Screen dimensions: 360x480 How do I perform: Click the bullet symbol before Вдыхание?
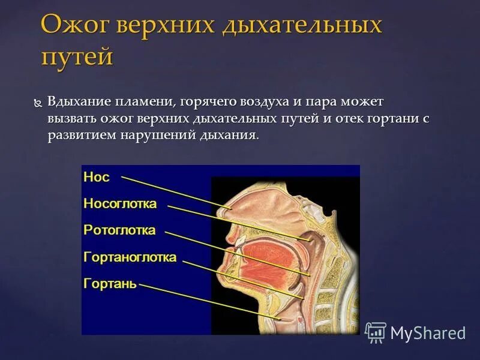click(x=38, y=103)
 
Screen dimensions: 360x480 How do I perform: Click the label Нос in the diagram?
click(x=96, y=176)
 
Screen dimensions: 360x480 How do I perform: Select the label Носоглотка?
click(x=120, y=203)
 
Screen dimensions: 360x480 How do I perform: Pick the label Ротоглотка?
click(x=119, y=230)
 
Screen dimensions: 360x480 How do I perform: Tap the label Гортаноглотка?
click(x=130, y=257)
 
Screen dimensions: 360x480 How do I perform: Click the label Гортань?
click(x=110, y=283)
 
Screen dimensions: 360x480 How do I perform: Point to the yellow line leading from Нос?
click(x=174, y=191)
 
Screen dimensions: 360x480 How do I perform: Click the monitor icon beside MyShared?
click(x=376, y=332)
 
